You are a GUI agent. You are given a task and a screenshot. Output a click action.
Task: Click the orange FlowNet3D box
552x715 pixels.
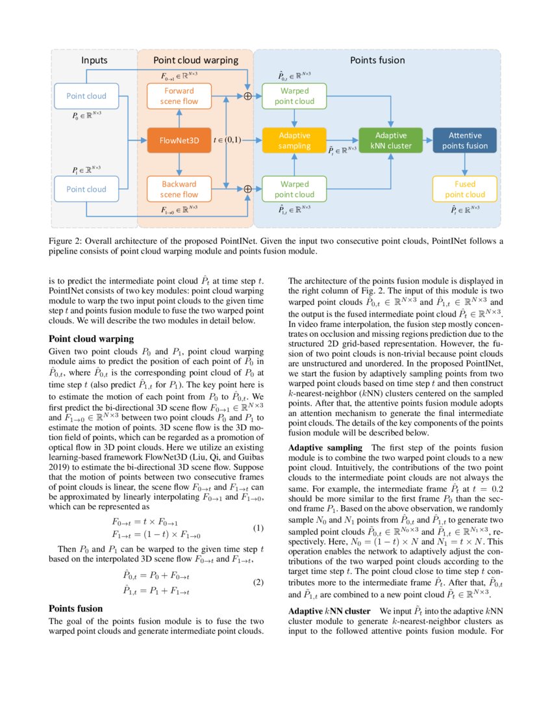click(179, 140)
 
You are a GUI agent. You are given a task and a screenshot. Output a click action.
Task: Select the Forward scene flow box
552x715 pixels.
click(179, 96)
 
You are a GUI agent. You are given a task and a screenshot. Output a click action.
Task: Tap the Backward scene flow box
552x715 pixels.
click(179, 189)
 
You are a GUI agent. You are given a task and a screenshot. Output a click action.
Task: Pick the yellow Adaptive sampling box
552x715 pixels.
click(294, 140)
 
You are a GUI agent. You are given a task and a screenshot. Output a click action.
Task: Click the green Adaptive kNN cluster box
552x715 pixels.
click(390, 140)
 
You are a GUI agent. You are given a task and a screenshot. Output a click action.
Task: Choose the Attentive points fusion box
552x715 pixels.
click(465, 140)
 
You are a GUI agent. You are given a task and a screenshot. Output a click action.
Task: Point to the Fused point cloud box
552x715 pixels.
click(465, 189)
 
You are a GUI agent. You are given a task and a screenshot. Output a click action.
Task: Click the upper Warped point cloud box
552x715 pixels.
click(294, 96)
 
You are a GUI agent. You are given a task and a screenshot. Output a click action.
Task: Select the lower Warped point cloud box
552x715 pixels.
click(294, 189)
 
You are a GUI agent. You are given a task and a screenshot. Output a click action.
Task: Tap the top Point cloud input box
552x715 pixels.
click(86, 96)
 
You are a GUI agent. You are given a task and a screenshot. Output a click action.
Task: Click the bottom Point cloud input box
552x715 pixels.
click(86, 189)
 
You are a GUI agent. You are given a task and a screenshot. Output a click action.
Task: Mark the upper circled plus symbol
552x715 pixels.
click(247, 96)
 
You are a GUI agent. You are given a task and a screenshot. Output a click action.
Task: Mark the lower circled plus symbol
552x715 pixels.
click(247, 189)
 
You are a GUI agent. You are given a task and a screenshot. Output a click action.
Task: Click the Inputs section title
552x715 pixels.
click(94, 60)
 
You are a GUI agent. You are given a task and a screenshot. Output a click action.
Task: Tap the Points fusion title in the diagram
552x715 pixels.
click(377, 60)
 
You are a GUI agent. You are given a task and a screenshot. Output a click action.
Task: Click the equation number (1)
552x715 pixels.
click(258, 510)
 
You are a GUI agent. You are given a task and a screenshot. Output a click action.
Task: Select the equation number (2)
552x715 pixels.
click(258, 582)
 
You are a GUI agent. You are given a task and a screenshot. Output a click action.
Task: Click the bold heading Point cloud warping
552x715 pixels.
click(92, 339)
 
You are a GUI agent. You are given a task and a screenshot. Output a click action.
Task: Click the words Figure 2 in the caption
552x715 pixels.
click(66, 240)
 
